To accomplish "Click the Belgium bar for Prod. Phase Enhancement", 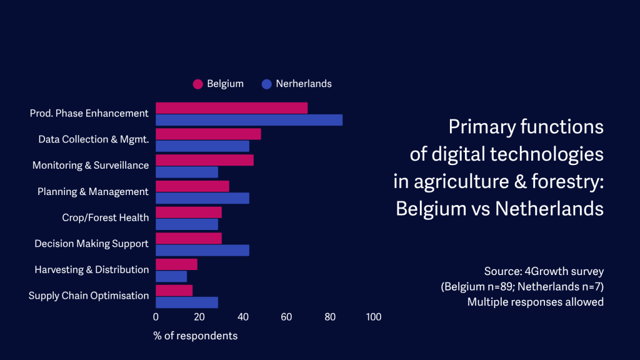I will tap(231, 108).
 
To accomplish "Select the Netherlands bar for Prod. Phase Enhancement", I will tap(249, 120).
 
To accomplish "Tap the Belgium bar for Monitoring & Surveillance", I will tap(204, 160).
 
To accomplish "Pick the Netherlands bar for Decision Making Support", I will tap(202, 250).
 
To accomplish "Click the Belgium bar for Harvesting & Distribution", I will tap(176, 264).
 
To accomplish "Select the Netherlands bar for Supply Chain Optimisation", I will tap(186, 302).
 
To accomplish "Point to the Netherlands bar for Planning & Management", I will tap(202, 198).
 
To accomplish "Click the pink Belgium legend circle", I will tap(198, 84).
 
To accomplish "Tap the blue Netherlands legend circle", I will tap(267, 84).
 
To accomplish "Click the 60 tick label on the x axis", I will tap(286, 317).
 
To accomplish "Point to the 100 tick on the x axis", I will tap(373, 317).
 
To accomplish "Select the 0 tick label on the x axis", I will tap(156, 317).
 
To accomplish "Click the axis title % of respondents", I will tap(196, 336).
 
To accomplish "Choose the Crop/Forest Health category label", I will tap(105, 217).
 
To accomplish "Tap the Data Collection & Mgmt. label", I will tap(93, 139).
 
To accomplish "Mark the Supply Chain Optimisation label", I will tap(89, 296).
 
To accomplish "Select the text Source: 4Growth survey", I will tap(544, 272).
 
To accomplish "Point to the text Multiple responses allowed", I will tap(536, 302).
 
